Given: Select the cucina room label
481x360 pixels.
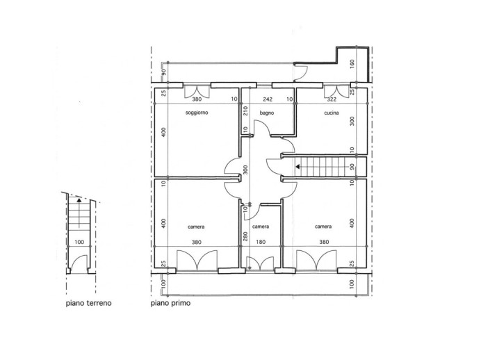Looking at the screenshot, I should [330, 113].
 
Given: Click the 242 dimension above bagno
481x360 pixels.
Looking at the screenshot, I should [267, 99].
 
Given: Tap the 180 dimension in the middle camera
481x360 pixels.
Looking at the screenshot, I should [261, 243].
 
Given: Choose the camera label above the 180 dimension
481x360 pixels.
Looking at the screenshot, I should [261, 227].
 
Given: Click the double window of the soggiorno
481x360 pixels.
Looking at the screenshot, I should [197, 90].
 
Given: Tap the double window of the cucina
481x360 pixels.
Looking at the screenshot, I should [336, 90].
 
